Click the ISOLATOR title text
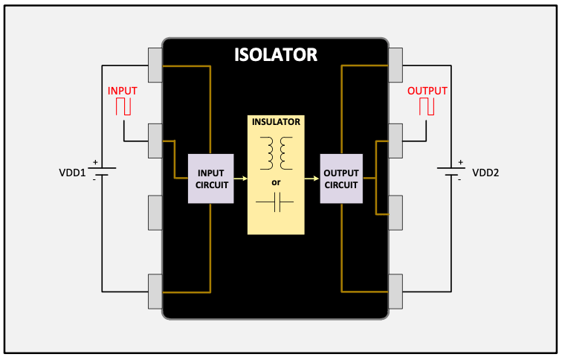(276, 54)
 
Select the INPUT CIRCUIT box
(210, 179)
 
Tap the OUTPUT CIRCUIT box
(341, 179)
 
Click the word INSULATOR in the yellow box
(276, 122)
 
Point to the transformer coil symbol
(276, 152)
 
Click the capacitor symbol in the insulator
(275, 202)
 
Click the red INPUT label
(123, 91)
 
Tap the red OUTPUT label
(427, 91)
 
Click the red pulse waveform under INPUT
(123, 106)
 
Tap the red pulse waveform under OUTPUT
(427, 106)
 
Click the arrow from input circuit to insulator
(240, 179)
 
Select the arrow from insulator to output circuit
(311, 179)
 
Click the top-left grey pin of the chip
(155, 65)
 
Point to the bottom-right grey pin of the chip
(395, 291)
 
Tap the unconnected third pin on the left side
(155, 212)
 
